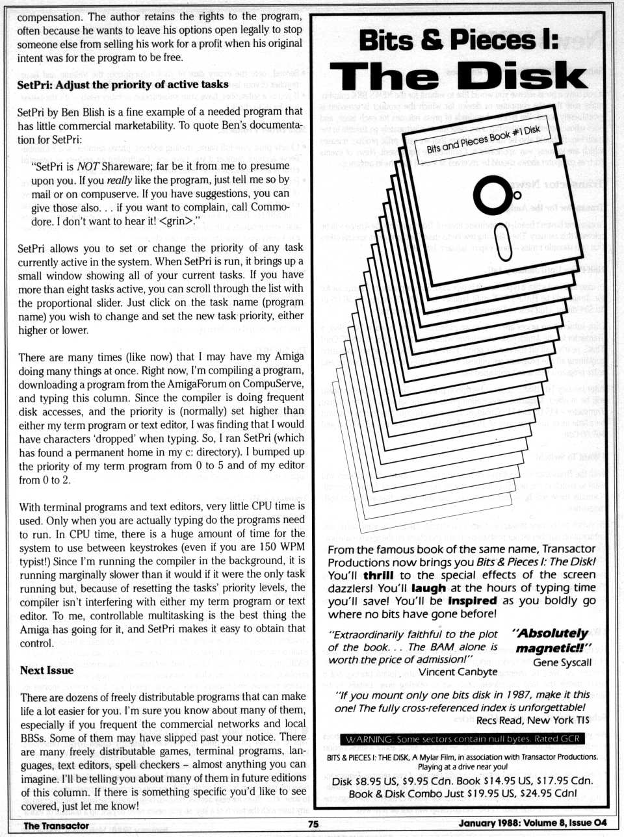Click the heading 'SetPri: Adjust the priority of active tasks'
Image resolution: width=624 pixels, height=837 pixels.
[x=122, y=84]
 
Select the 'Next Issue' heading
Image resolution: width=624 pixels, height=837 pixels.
[x=47, y=670]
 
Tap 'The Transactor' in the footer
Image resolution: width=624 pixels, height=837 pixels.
[x=56, y=825]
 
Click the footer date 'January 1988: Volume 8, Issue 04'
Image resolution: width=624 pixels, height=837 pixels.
[x=532, y=823]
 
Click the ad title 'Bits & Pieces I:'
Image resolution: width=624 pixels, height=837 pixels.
[x=459, y=41]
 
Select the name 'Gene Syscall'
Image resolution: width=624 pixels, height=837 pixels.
[x=562, y=662]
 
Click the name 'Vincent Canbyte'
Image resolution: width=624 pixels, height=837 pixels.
[x=458, y=671]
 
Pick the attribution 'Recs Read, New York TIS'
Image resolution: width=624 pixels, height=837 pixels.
[x=532, y=720]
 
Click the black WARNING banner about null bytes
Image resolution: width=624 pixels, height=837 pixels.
[x=463, y=739]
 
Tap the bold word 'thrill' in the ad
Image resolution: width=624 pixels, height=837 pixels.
[x=378, y=575]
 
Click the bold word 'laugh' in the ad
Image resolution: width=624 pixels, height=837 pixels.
[x=429, y=588]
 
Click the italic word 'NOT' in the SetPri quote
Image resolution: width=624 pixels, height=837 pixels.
[x=86, y=166]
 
